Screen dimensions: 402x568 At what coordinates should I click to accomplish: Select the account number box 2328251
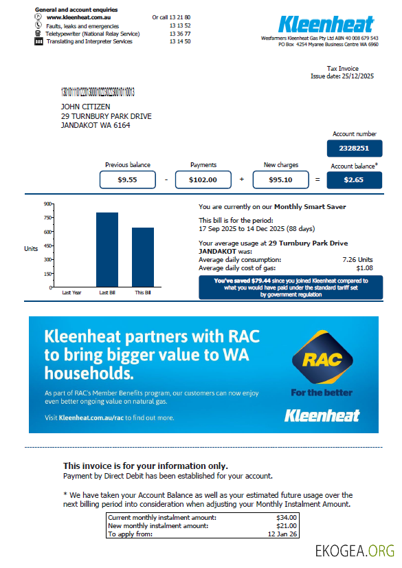pyautogui.click(x=354, y=148)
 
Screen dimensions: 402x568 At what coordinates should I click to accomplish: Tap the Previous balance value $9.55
pyautogui.click(x=127, y=179)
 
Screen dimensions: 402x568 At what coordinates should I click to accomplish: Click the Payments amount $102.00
pyautogui.click(x=203, y=179)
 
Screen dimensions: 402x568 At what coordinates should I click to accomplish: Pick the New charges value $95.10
pyautogui.click(x=280, y=179)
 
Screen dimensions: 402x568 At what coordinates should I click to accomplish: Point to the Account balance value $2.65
pyautogui.click(x=354, y=179)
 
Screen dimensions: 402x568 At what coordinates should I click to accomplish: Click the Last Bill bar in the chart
pyautogui.click(x=107, y=249)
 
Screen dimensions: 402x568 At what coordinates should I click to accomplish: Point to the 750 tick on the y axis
pyautogui.click(x=48, y=217)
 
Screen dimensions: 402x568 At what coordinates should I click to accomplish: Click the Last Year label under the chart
pyautogui.click(x=71, y=292)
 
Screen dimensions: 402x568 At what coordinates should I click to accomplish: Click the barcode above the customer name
pyautogui.click(x=98, y=91)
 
